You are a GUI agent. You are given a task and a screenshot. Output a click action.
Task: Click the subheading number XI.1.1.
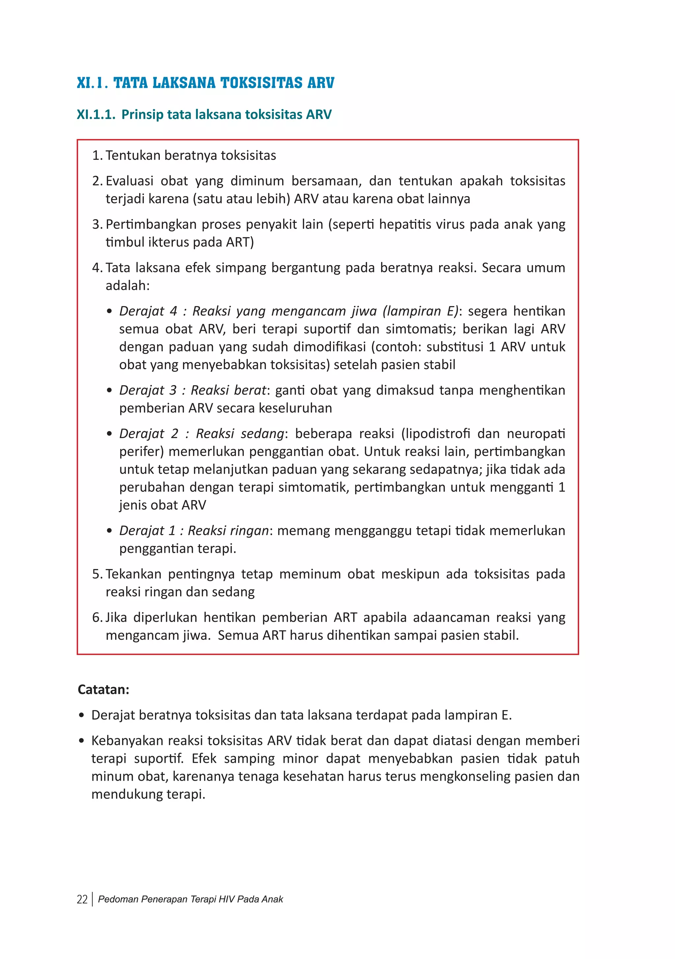pyautogui.click(x=96, y=114)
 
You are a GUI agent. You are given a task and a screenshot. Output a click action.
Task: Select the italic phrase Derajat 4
pyautogui.click(x=148, y=311)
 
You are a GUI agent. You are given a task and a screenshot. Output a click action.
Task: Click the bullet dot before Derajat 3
pyautogui.click(x=109, y=391)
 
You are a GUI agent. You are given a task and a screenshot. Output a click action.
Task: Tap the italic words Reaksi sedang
pyautogui.click(x=240, y=434)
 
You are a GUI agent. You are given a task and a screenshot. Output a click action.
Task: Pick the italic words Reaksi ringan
pyautogui.click(x=228, y=530)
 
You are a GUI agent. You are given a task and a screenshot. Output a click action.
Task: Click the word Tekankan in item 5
pyautogui.click(x=133, y=574)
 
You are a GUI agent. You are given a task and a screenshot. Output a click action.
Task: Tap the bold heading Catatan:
pyautogui.click(x=103, y=690)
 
